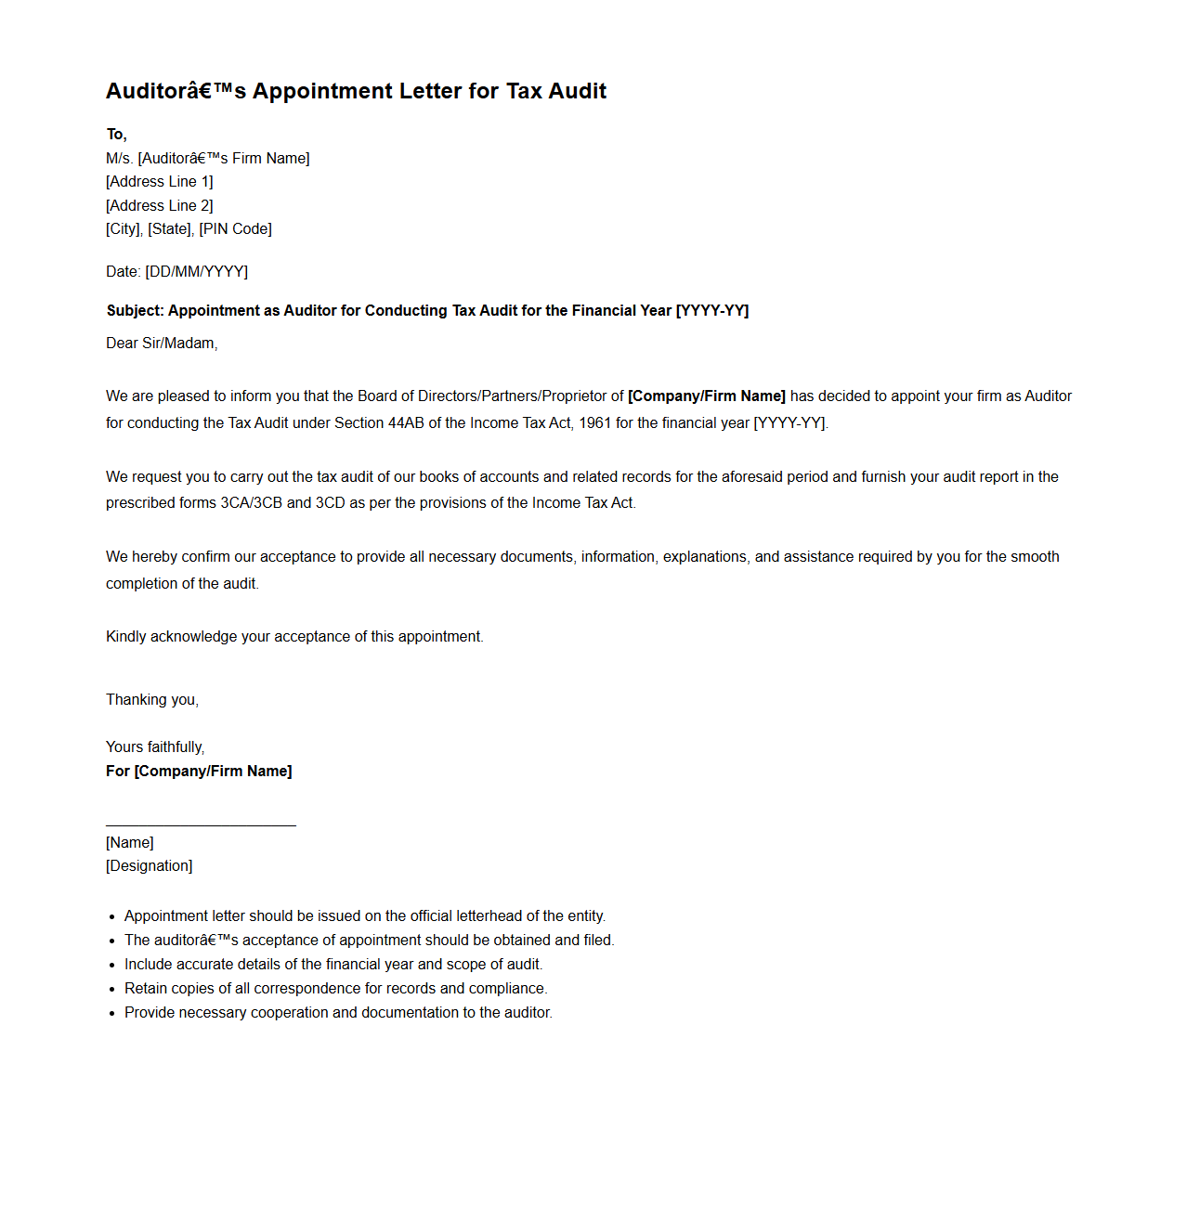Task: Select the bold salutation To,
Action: (116, 135)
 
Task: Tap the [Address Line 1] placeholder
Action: (160, 182)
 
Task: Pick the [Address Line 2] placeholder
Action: (160, 206)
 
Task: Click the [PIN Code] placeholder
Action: (235, 229)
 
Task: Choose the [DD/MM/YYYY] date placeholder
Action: (197, 272)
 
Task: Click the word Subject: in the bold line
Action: (135, 311)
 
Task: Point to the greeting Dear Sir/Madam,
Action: (162, 344)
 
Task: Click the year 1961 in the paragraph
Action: (594, 423)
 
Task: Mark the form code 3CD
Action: (331, 503)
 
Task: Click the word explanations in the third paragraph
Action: (704, 557)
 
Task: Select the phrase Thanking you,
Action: (152, 700)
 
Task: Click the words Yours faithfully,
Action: (155, 747)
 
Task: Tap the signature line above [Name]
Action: (201, 825)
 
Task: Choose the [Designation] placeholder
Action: (150, 866)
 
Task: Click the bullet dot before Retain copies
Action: (111, 990)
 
